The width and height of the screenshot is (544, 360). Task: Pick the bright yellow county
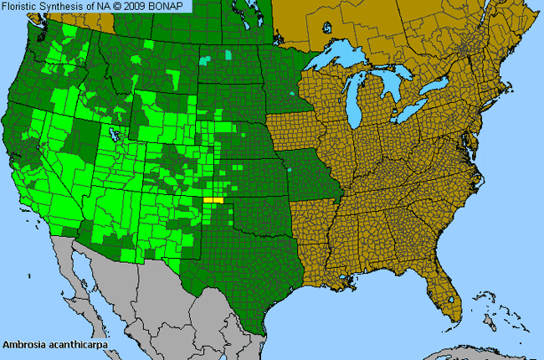[x=214, y=201]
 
